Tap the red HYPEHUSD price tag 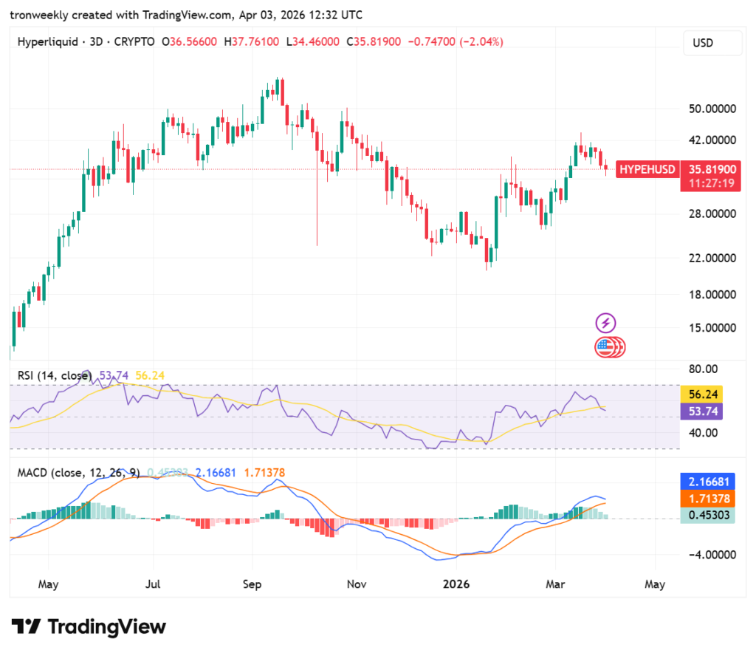point(647,169)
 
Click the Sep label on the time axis point(252,584)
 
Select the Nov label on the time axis point(356,584)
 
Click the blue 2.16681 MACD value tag point(707,481)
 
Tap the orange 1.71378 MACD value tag point(707,499)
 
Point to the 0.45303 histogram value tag point(707,516)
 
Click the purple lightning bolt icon point(606,323)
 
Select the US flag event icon point(606,346)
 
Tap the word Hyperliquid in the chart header point(47,42)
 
